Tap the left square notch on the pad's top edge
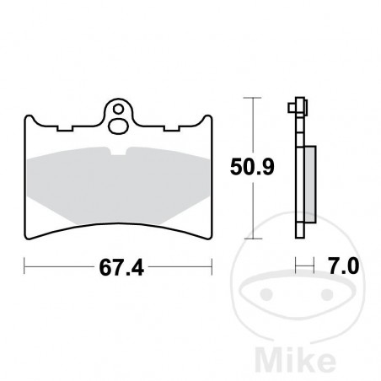click(59, 129)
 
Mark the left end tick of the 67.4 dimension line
click(24, 268)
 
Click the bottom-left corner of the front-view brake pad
click(27, 237)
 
